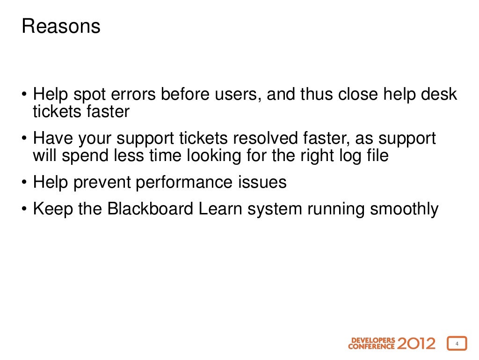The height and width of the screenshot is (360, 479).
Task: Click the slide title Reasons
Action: click(x=61, y=27)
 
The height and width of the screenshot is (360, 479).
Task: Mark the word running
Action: click(x=336, y=209)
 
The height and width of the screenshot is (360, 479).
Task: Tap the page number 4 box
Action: click(x=457, y=344)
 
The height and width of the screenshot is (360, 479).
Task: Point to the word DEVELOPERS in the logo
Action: click(x=373, y=340)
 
